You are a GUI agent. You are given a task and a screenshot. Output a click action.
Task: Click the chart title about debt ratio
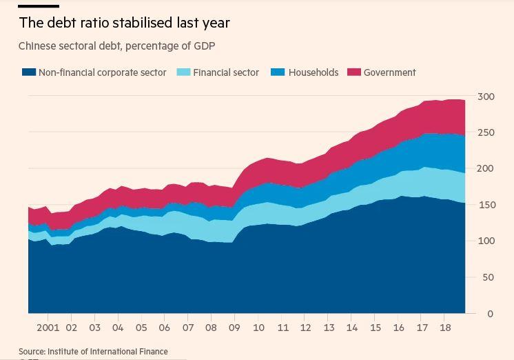[124, 23]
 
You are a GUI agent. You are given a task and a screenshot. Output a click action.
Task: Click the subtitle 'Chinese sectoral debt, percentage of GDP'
[117, 46]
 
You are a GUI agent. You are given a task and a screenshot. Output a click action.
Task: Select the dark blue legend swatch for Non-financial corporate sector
[28, 72]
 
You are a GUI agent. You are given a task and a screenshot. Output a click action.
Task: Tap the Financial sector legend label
[226, 72]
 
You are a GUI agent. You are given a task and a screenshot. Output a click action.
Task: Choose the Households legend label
[313, 72]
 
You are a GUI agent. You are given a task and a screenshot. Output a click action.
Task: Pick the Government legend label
[390, 72]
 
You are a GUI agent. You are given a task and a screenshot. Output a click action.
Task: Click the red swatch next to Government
[354, 72]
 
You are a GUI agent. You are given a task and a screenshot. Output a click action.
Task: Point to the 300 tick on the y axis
[486, 97]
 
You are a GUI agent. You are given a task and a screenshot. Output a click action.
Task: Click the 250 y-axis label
[486, 132]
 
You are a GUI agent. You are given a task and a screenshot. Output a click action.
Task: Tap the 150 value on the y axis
[486, 205]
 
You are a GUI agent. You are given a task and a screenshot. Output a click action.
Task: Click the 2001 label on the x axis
[48, 328]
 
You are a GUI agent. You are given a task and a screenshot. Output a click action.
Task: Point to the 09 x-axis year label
[235, 328]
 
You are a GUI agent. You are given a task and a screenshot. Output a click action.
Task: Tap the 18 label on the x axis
[445, 328]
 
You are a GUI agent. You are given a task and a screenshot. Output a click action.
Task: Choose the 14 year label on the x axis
[352, 328]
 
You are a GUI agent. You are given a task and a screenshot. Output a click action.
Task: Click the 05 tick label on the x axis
[141, 328]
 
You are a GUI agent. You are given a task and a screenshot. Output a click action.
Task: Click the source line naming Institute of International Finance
[93, 352]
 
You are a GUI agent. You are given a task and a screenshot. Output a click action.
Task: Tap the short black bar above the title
[38, 6]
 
